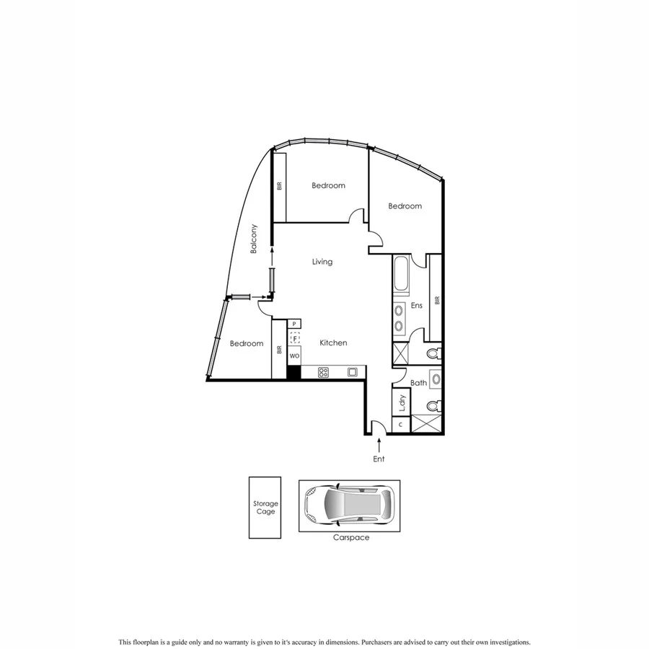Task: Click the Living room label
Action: pos(322,262)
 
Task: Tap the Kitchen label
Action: pos(333,343)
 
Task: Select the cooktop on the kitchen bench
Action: pos(324,372)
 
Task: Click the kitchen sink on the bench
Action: pos(352,372)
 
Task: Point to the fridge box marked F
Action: pos(294,337)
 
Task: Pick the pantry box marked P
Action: pos(294,324)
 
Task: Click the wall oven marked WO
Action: pos(294,356)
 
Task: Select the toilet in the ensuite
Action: pos(433,353)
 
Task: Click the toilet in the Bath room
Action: pos(433,406)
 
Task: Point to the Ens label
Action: pos(416,306)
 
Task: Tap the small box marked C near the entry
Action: pos(400,425)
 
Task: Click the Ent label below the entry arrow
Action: pos(379,459)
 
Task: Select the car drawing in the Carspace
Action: pos(349,505)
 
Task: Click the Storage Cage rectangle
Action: pos(265,507)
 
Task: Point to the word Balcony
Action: pos(254,239)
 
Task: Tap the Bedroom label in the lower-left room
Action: pos(247,344)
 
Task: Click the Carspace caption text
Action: pos(350,538)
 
